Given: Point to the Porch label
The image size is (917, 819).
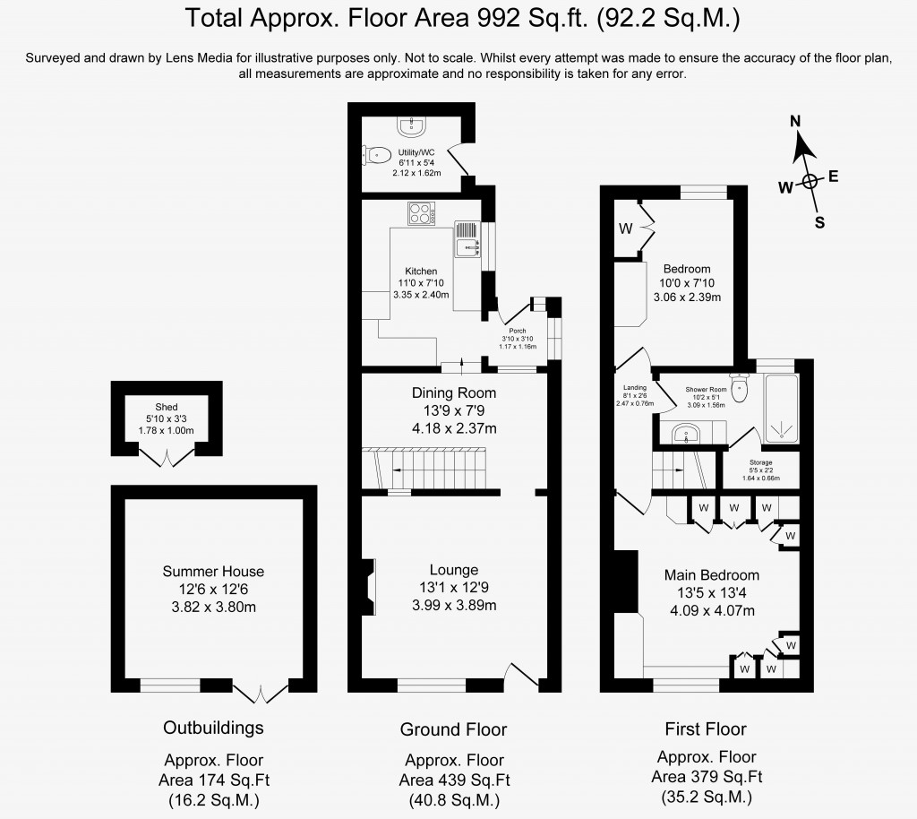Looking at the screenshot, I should pos(517,330).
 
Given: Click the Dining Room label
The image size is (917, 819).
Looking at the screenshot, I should pos(453,392).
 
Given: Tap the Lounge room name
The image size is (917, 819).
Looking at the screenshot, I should pos(453,570).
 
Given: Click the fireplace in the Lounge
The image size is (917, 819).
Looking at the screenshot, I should pos(367,588).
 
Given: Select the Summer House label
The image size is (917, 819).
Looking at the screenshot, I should pos(213,571).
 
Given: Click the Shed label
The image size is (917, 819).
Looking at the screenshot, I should pos(167,406).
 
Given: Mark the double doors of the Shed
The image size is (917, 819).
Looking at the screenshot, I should pos(167,459).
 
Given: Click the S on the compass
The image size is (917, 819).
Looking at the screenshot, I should pos(818,223).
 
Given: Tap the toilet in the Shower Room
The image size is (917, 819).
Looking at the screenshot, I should pos(740,387).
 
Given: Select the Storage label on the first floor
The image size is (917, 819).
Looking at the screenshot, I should pos(760,462).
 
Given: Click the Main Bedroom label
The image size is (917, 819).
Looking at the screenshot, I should pos(711,575).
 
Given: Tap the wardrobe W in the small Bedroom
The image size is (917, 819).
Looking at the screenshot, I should pos(625,229).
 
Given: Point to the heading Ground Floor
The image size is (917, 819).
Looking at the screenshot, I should pos(453,729).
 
